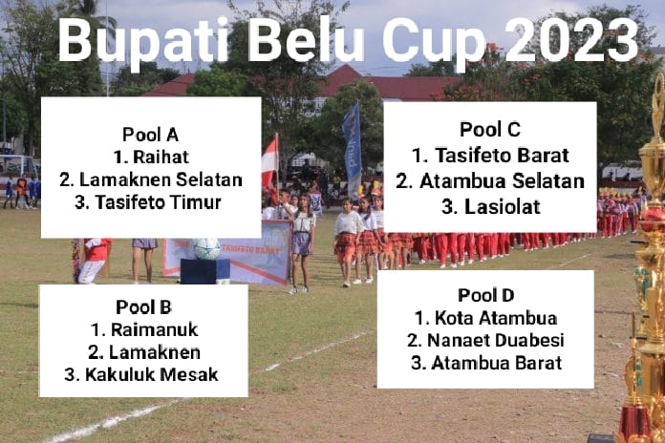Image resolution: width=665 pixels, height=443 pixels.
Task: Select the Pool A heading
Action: pos(151,134)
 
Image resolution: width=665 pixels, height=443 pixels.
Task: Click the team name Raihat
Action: pos(151,157)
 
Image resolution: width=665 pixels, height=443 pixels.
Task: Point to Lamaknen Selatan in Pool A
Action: pos(151,179)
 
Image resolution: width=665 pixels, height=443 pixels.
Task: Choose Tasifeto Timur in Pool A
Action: pos(151,202)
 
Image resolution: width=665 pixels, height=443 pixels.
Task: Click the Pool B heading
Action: pos(143,306)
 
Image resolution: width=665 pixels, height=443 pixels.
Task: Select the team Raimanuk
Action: pos(143,329)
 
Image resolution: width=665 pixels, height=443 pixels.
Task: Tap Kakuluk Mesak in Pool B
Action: pos(143,374)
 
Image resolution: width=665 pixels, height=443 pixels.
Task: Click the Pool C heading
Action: pos(490,130)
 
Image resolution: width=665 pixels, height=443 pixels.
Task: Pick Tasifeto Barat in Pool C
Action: pos(490,155)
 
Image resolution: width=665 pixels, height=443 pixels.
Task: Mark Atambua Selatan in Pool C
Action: pos(490,180)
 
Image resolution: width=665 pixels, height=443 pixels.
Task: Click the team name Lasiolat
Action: pos(490,206)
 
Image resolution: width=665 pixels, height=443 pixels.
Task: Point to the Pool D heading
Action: pos(485,294)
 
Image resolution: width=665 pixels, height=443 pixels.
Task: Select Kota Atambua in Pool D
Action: pos(485,317)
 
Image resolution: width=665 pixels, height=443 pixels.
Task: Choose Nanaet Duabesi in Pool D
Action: pos(485,340)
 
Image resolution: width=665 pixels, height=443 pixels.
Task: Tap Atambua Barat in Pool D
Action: pos(485,363)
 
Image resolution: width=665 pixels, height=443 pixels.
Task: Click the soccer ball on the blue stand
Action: pos(206,248)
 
